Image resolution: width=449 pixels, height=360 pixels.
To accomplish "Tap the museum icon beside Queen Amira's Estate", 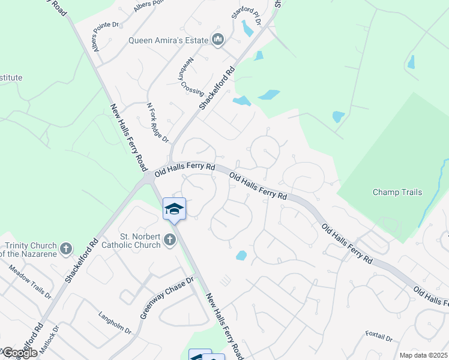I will click(218, 41).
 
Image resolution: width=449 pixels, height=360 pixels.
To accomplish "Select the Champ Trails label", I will click(397, 193).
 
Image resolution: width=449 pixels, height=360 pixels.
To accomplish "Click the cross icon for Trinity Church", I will click(66, 247).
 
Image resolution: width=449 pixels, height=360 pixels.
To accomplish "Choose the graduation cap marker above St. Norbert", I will click(174, 208).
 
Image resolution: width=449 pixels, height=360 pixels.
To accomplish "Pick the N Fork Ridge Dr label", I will click(158, 122).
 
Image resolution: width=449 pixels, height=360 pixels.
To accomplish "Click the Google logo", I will click(19, 353).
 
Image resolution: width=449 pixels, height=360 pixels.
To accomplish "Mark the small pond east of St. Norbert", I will click(241, 256).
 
